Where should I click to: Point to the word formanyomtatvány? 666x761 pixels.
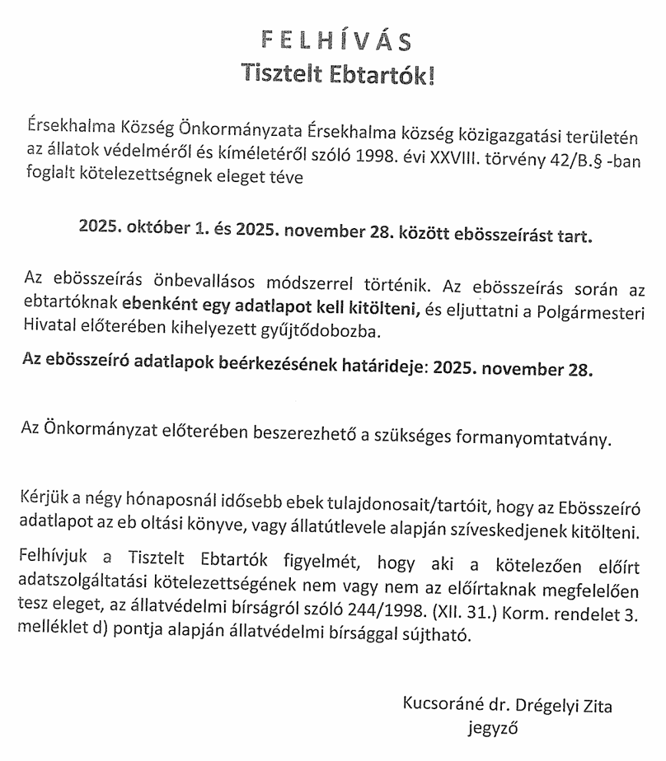click(543, 437)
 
